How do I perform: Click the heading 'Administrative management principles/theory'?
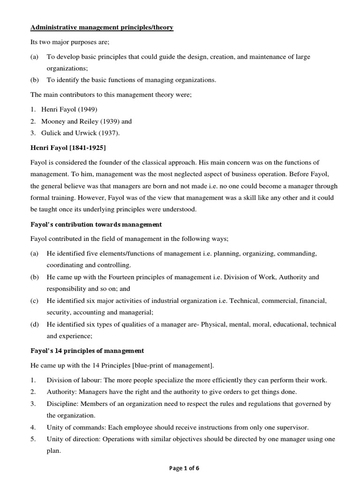(x=102, y=28)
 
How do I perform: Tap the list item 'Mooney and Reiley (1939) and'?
(x=90, y=121)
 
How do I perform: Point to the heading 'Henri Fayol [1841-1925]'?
(x=68, y=148)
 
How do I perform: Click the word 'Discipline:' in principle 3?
(x=61, y=404)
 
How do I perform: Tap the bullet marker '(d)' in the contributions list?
(x=34, y=324)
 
